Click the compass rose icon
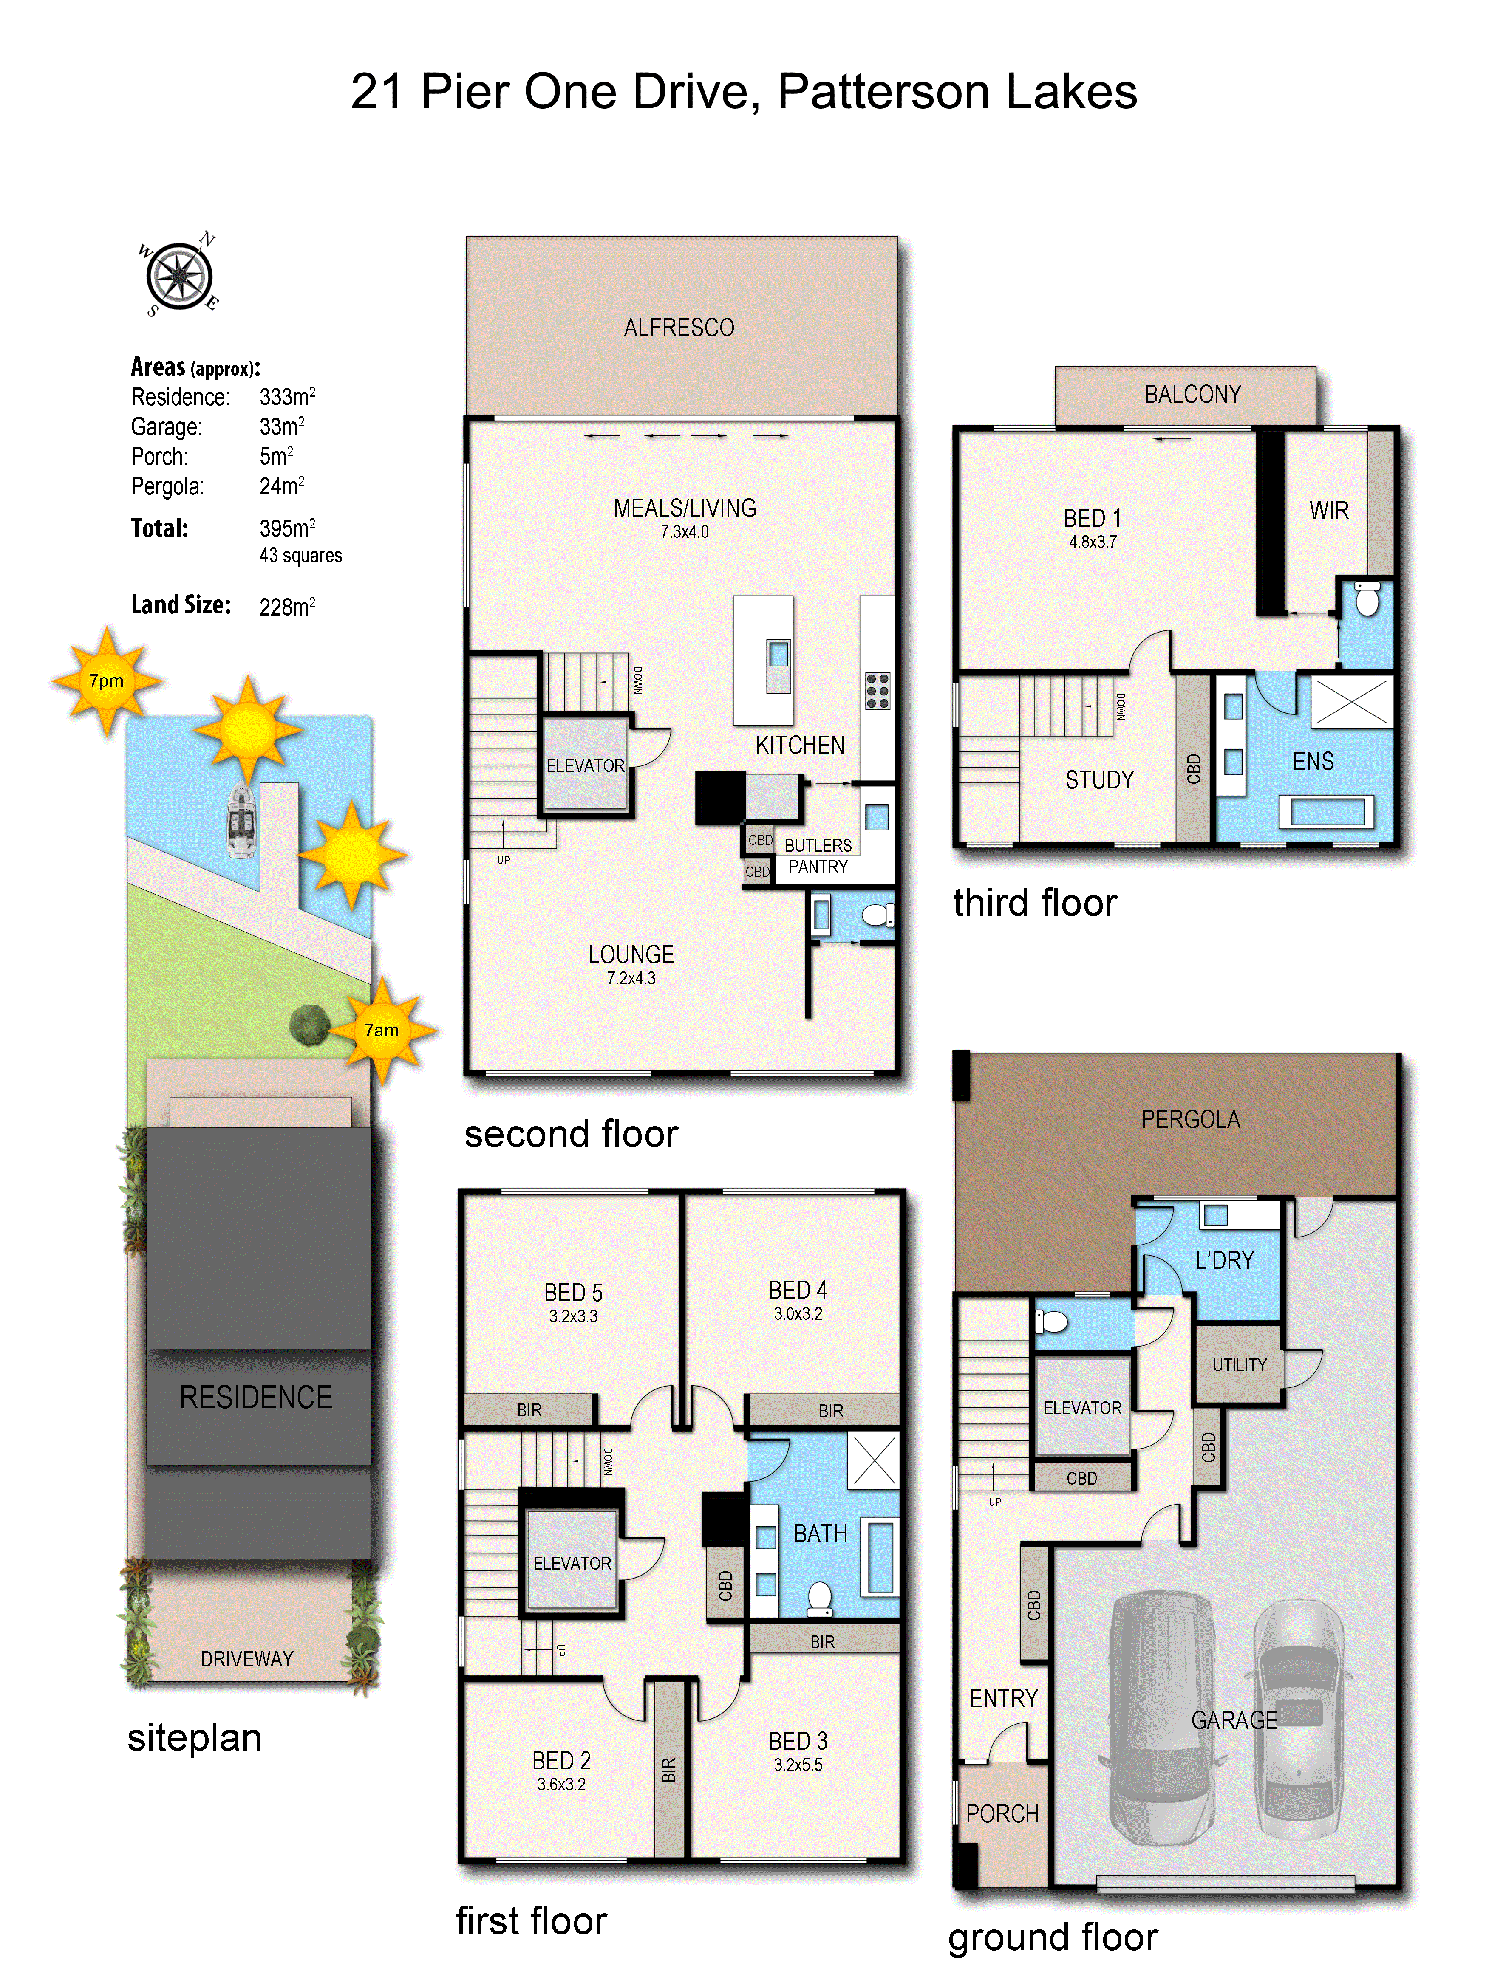tap(180, 275)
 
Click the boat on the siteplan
tap(241, 820)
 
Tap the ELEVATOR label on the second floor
tap(585, 766)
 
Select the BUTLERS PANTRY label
tap(817, 856)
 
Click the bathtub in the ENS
tap(1326, 812)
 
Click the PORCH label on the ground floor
tap(1002, 1814)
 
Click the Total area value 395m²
tap(287, 528)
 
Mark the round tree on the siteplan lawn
tap(309, 1025)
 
